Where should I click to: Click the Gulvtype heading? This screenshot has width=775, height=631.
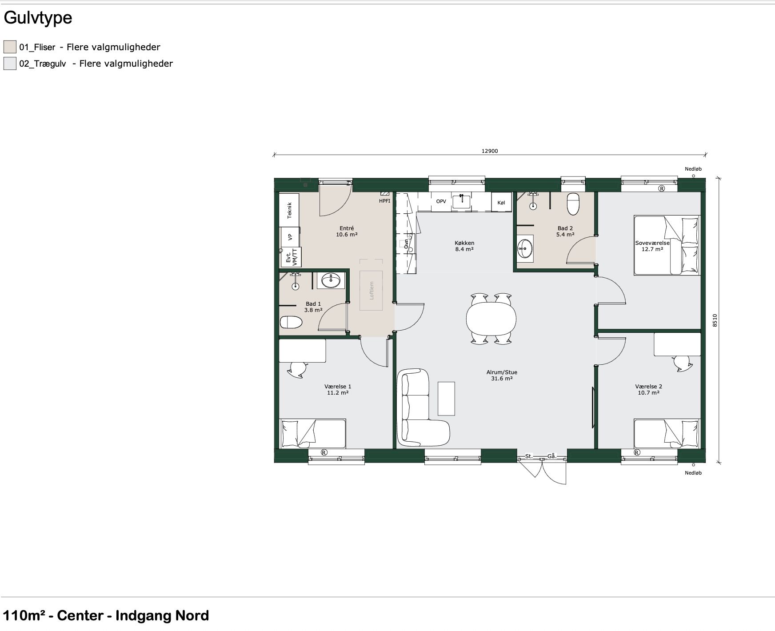(38, 18)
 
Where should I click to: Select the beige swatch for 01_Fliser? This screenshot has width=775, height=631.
(10, 47)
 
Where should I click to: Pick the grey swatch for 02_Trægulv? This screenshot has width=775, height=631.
(10, 63)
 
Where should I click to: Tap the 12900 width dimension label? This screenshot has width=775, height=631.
(490, 151)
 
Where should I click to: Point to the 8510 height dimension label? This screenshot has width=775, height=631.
(715, 320)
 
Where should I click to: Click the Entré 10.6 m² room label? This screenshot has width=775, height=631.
(347, 232)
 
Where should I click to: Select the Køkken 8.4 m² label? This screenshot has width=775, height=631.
(464, 246)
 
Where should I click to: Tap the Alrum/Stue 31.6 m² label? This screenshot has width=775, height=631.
(502, 375)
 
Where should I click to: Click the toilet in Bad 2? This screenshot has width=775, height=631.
(573, 204)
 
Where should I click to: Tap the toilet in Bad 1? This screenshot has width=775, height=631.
(291, 322)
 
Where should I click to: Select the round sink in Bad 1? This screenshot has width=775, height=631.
(331, 280)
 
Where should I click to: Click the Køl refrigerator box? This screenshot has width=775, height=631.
(502, 202)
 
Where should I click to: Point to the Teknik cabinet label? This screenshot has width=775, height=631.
(290, 210)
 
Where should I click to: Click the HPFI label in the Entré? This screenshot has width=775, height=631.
(384, 201)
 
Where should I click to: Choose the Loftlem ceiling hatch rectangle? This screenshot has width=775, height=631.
(371, 290)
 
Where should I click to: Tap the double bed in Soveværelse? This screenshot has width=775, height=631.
(667, 245)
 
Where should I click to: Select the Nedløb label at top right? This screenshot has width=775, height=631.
(693, 169)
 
